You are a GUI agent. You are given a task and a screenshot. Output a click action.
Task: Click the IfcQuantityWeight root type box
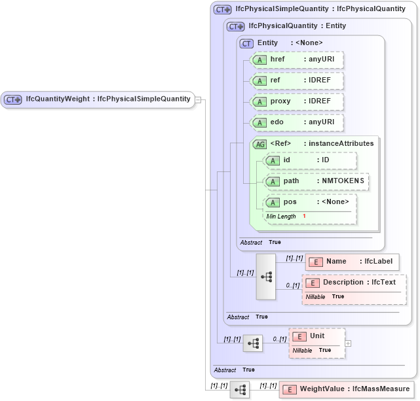[98, 99]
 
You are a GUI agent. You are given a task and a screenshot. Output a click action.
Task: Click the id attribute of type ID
[310, 160]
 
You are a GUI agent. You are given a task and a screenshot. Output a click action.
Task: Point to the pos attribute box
[310, 202]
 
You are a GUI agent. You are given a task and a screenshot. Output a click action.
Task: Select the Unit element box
[317, 336]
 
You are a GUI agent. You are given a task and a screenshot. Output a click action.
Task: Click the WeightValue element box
[347, 389]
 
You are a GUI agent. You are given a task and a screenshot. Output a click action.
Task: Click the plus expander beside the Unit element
[348, 343]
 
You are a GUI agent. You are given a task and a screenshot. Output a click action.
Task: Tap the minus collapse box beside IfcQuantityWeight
[198, 100]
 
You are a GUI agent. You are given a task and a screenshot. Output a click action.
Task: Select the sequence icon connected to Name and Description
[266, 276]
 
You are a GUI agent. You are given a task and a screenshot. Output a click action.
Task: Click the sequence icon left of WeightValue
[240, 390]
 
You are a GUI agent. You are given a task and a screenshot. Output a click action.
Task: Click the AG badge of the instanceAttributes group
[259, 144]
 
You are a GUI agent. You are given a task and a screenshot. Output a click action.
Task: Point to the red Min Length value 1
[304, 216]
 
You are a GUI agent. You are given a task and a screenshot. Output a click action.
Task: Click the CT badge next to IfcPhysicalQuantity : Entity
[235, 27]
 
